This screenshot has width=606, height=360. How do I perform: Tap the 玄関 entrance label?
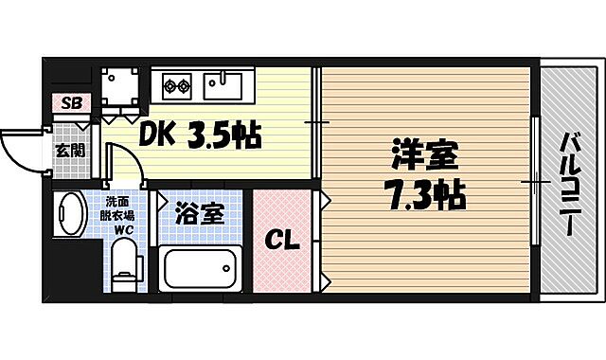point(68,150)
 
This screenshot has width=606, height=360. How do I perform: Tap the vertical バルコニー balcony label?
point(570,185)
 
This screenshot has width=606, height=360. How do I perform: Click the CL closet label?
point(280,241)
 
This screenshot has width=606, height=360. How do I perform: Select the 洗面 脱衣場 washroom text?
point(117,207)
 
